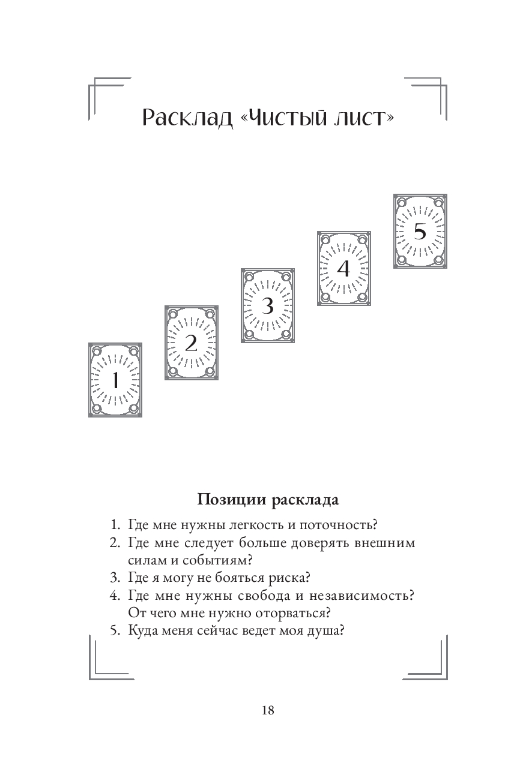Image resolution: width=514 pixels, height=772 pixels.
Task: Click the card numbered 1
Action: click(x=115, y=380)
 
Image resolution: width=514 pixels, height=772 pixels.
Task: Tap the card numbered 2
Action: click(x=191, y=343)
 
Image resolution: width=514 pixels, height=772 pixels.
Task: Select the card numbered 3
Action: click(x=267, y=305)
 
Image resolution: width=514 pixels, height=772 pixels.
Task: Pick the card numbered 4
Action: click(x=343, y=268)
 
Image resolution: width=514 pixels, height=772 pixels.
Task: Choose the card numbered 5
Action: click(x=420, y=231)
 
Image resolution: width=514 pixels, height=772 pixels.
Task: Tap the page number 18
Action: click(x=268, y=710)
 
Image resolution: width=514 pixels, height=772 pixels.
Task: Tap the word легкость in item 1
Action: click(x=253, y=525)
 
